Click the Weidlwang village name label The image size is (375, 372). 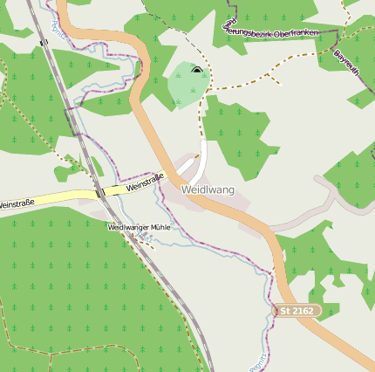pos(208,189)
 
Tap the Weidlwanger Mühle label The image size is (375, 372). pos(139,227)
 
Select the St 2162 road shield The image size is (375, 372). pos(297,311)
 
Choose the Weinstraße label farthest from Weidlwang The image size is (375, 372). pos(17,203)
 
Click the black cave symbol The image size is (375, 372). pos(196,70)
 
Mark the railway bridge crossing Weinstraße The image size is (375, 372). pos(100,191)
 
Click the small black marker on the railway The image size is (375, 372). pos(44,41)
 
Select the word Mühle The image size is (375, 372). pos(160,227)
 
